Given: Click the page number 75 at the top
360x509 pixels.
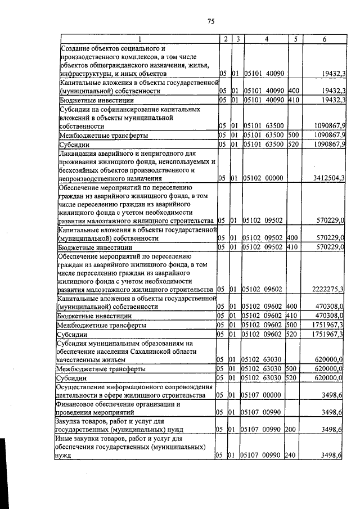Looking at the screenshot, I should pos(211,21).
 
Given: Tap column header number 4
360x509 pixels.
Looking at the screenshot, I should pos(266,39).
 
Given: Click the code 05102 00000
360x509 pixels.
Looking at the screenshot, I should pos(263,178).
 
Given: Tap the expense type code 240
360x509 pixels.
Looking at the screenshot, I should pos(291,455).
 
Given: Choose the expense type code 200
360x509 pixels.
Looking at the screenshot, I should pos(291,429).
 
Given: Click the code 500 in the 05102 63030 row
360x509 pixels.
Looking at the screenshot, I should pos(291,369).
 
